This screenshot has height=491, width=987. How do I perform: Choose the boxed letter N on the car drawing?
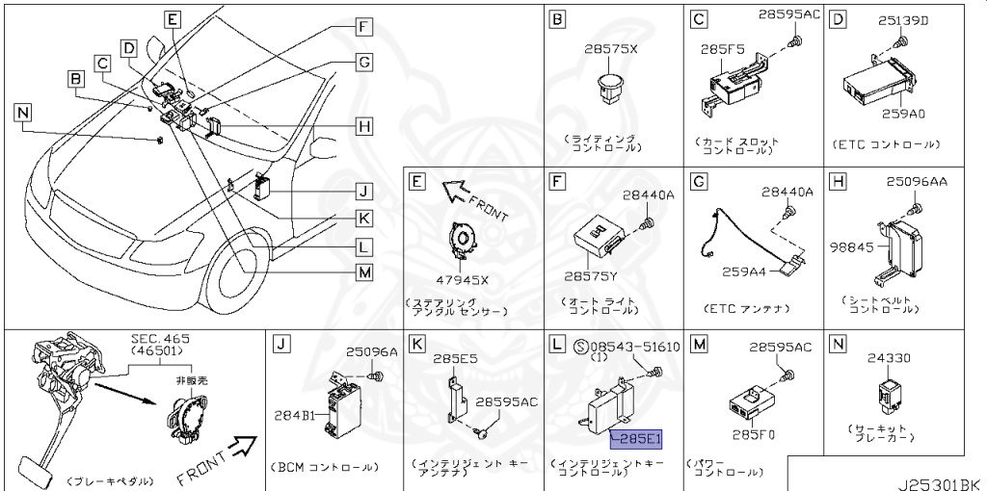(22, 113)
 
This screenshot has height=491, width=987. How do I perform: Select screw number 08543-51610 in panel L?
(633, 347)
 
